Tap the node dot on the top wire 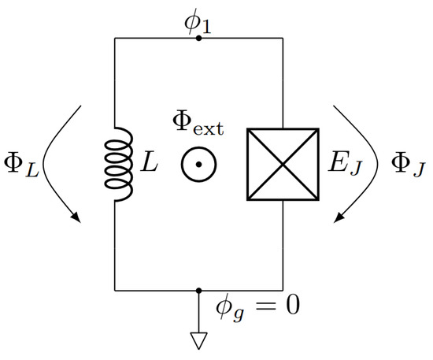[x=198, y=37]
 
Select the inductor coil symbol [x=116, y=164]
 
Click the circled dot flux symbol [x=198, y=165]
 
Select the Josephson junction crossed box [x=283, y=164]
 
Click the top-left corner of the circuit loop [x=116, y=37]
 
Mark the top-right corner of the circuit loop [x=283, y=37]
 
